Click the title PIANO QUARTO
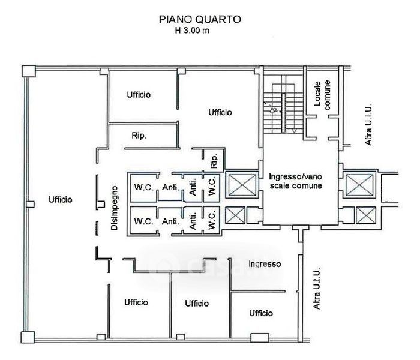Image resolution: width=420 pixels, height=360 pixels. point(200,20)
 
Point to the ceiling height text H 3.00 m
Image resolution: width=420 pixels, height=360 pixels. point(192,31)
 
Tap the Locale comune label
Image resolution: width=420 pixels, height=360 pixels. point(322,95)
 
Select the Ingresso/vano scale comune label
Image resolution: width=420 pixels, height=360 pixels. point(295,181)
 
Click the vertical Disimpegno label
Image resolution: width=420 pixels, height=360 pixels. point(115,208)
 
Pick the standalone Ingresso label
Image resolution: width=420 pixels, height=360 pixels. point(265,264)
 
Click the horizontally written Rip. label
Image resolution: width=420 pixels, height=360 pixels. point(139,136)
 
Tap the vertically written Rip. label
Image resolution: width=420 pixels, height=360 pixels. point(214,161)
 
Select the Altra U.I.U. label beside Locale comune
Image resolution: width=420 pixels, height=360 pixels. point(368,124)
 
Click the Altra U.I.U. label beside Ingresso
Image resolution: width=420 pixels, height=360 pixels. point(316,288)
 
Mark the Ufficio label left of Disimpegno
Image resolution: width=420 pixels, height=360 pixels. point(60,200)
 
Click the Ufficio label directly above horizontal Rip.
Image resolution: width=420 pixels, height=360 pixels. point(139,95)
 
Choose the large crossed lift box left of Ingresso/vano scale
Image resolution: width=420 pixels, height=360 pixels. point(242,185)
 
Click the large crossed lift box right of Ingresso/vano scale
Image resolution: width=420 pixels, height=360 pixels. point(359,185)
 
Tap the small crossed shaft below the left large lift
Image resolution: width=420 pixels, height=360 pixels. point(235,215)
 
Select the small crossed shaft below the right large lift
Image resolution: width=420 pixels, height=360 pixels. point(366,215)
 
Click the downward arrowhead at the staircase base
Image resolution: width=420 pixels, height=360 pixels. point(294,131)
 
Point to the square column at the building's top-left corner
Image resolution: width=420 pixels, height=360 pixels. point(29,71)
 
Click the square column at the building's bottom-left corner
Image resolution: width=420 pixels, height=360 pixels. point(28,337)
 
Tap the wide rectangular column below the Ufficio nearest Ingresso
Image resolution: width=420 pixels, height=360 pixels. point(260,337)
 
